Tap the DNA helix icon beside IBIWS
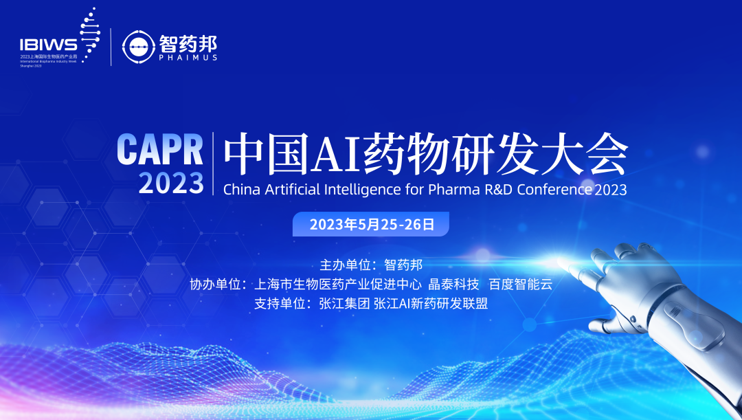pyautogui.click(x=87, y=34)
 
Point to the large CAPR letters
pyautogui.click(x=160, y=148)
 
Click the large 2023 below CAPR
pyautogui.click(x=171, y=184)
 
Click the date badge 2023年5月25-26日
pyautogui.click(x=371, y=225)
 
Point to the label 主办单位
pyautogui.click(x=346, y=265)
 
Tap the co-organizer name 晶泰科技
pyautogui.click(x=453, y=284)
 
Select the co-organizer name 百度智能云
pyautogui.click(x=520, y=284)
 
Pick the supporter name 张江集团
pyautogui.click(x=344, y=303)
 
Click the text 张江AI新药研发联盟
pyautogui.click(x=431, y=303)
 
